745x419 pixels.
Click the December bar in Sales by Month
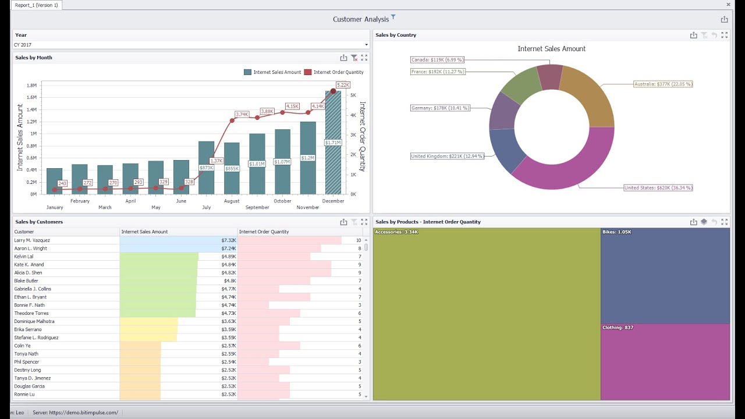333,169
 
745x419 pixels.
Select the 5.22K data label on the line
343,85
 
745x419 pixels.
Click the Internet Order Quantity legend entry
338,72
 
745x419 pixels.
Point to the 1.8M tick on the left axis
31,86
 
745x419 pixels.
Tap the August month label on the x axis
232,201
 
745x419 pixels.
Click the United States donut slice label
658,188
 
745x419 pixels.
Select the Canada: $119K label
437,60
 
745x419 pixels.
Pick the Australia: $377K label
663,84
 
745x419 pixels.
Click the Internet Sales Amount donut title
551,49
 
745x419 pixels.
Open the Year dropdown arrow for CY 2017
366,45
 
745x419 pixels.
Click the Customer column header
24,232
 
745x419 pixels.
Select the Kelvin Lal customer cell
24,257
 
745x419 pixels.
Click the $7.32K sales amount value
228,240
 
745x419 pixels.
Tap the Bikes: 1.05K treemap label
617,232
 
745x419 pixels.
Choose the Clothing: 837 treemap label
618,328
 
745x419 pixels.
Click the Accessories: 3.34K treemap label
396,232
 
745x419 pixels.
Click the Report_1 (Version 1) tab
37,5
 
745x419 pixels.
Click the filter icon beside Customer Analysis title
393,17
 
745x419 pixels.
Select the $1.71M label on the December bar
332,143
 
